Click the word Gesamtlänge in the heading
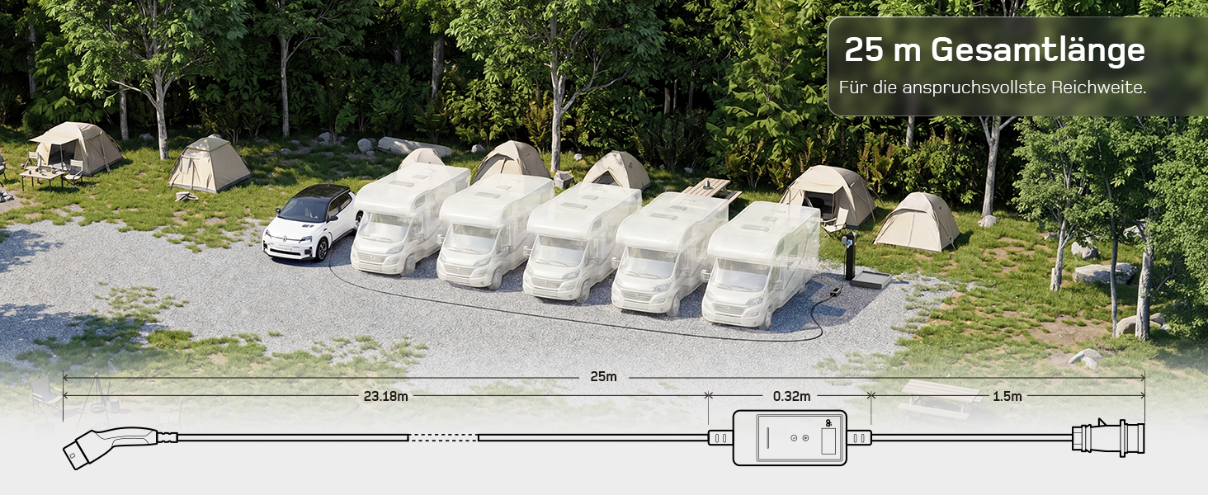click(1037, 51)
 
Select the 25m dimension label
click(603, 376)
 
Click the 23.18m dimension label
click(385, 396)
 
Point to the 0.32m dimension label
click(791, 396)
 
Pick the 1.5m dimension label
click(1007, 396)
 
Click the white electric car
click(310, 223)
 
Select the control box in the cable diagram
click(790, 438)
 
